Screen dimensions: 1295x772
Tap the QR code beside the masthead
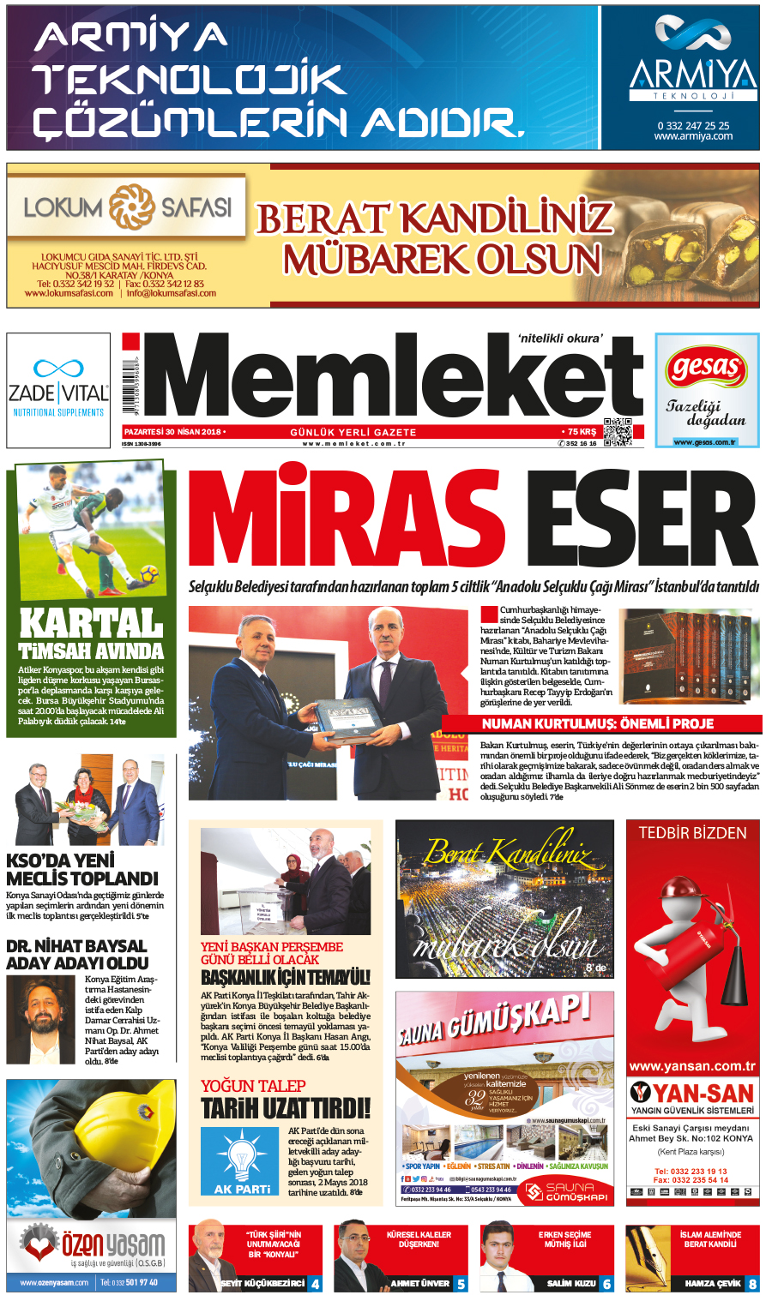point(617,432)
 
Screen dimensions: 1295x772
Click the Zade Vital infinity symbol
point(58,369)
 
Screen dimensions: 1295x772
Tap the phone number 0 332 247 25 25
point(693,125)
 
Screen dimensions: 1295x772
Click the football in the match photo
point(148,572)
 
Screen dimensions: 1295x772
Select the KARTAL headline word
point(91,622)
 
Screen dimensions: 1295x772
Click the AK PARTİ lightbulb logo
point(243,1156)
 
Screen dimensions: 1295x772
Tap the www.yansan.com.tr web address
point(692,1067)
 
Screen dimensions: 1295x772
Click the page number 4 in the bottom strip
point(316,1284)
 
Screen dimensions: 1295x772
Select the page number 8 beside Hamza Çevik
point(752,1284)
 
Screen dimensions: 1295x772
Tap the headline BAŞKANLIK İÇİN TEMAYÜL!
point(286,978)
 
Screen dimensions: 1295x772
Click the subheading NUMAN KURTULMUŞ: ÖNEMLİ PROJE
point(597,724)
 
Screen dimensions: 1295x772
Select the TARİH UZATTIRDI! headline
point(286,1109)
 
